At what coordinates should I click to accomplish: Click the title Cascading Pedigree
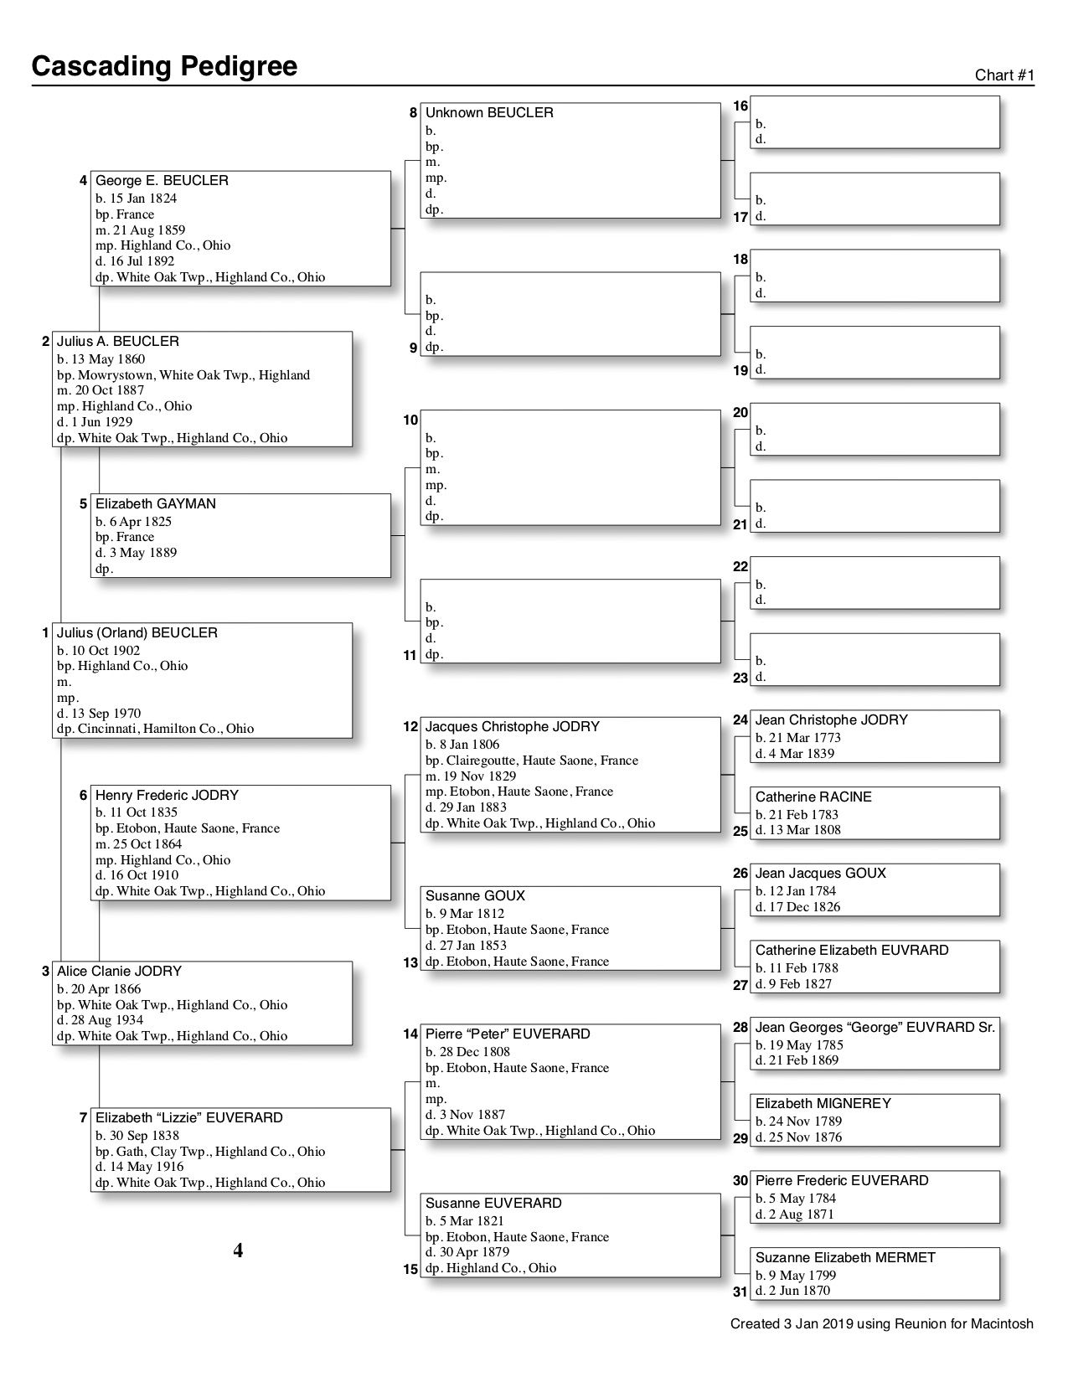pyautogui.click(x=164, y=66)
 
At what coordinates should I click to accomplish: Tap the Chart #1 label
pyautogui.click(x=1004, y=75)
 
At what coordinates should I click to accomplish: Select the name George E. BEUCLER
pyautogui.click(x=162, y=181)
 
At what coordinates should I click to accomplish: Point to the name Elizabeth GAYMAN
pyautogui.click(x=156, y=504)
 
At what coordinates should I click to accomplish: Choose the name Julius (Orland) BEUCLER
pyautogui.click(x=137, y=633)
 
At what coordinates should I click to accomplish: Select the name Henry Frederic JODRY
pyautogui.click(x=167, y=796)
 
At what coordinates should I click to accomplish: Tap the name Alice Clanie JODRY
pyautogui.click(x=119, y=972)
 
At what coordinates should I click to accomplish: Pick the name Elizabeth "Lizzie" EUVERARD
pyautogui.click(x=189, y=1118)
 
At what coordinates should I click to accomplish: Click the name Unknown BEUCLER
pyautogui.click(x=489, y=113)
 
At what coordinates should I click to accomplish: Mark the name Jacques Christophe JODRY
pyautogui.click(x=513, y=727)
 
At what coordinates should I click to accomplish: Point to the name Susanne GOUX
pyautogui.click(x=475, y=896)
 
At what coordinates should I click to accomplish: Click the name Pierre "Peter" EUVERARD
pyautogui.click(x=508, y=1034)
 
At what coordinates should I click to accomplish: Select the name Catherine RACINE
pyautogui.click(x=813, y=797)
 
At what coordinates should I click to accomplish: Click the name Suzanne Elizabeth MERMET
pyautogui.click(x=845, y=1258)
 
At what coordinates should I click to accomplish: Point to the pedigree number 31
pyautogui.click(x=740, y=1292)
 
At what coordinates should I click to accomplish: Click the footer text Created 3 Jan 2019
pyautogui.click(x=881, y=1324)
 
